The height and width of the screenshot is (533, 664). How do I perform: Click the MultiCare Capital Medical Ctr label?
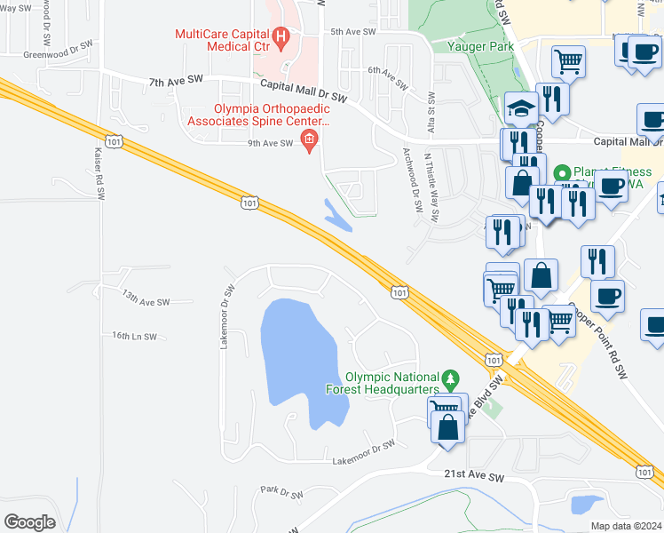223,35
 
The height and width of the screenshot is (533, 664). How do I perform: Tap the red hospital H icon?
281,36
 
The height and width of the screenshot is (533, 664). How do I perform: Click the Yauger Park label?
480,45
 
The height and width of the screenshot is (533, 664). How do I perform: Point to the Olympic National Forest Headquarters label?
393,383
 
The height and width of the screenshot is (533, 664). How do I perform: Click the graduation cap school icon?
522,109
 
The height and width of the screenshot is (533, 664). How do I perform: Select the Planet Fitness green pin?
561,172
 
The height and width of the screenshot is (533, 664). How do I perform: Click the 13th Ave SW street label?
146,302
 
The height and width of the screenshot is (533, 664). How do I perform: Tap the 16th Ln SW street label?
134,337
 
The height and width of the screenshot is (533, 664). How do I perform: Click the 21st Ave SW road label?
474,477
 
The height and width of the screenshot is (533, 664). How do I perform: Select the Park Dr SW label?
282,492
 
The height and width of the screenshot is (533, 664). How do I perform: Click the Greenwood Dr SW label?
59,49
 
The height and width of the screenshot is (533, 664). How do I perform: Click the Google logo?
29,522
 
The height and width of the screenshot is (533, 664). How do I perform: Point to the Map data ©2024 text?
626,526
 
